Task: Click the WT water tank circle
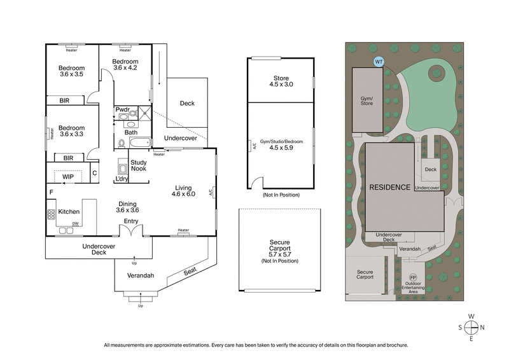[379, 62]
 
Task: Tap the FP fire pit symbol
[412, 278]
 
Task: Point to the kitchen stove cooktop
[51, 214]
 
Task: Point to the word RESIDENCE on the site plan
[389, 188]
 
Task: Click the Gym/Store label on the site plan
[367, 100]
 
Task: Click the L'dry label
[122, 179]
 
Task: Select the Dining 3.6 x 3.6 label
[127, 206]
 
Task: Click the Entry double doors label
[131, 221]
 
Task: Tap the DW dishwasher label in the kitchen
[76, 224]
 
